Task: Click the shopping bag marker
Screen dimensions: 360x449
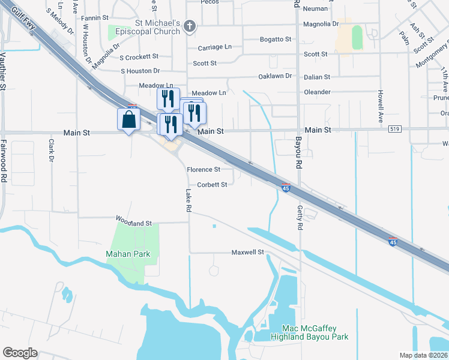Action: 129,119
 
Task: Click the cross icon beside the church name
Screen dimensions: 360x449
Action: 190,25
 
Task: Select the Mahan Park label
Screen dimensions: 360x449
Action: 128,254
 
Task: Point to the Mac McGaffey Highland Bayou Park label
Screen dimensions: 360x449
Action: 307,333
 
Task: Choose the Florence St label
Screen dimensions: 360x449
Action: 203,170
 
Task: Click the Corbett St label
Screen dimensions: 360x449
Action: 212,185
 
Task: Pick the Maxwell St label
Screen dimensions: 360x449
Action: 248,253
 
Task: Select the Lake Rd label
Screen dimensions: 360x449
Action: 188,200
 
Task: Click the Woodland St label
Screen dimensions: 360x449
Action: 134,223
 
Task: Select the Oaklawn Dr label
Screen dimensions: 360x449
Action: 274,76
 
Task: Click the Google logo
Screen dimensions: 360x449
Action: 20,353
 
